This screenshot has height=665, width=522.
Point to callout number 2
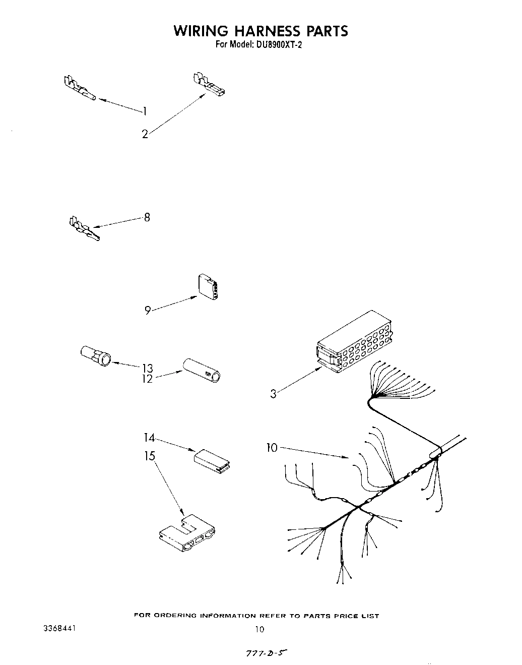(x=145, y=134)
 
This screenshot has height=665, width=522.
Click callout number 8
(x=147, y=218)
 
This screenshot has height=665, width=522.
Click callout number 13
(x=147, y=368)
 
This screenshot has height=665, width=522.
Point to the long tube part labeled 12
(x=202, y=371)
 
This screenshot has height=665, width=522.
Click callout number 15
(x=150, y=456)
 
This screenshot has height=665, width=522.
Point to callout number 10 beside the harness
(x=272, y=447)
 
